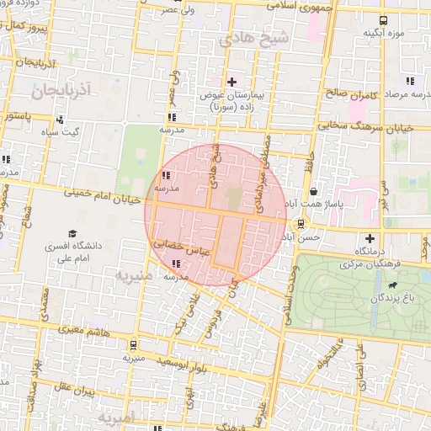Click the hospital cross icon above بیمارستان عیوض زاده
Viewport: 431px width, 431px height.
pyautogui.click(x=232, y=82)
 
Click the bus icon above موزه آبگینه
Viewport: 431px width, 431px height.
pyautogui.click(x=384, y=20)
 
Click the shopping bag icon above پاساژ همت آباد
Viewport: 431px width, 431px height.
pyautogui.click(x=313, y=192)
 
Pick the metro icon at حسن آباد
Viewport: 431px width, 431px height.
pyautogui.click(x=301, y=223)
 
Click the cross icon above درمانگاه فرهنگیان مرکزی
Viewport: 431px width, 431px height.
pyautogui.click(x=370, y=239)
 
